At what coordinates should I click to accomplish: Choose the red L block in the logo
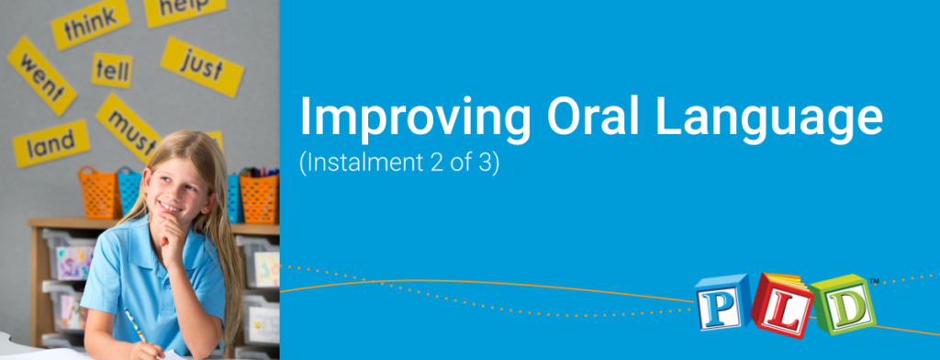[x=782, y=305]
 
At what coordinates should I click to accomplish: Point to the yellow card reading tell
[x=112, y=70]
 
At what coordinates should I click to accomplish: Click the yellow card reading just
[x=202, y=67]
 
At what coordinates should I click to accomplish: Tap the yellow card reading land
[x=51, y=143]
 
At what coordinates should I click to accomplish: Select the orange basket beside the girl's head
[x=99, y=191]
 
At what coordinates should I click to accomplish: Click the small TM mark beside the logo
[x=874, y=281]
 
